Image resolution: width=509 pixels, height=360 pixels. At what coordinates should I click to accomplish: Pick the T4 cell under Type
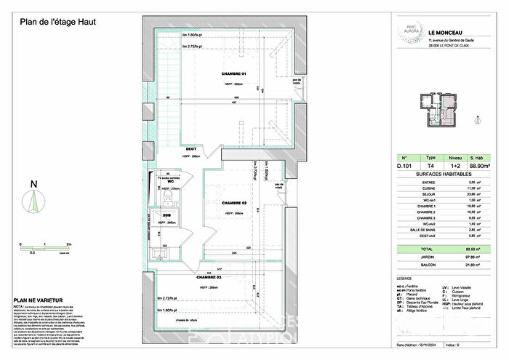[x=430, y=165]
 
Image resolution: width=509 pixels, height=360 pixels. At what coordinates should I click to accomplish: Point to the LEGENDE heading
[x=404, y=278]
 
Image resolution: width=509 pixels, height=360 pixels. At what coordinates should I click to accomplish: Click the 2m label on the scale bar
[x=68, y=246]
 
